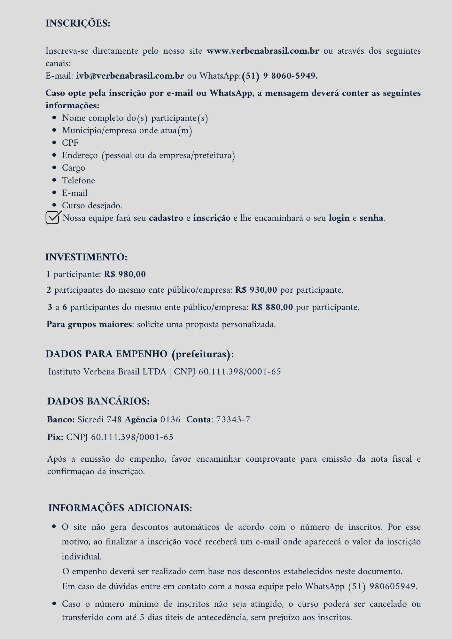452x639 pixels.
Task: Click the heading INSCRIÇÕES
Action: click(78, 24)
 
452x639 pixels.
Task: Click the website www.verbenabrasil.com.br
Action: click(262, 51)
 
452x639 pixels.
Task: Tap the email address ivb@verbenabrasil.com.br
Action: click(130, 76)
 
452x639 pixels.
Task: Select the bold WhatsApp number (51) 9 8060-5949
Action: click(280, 76)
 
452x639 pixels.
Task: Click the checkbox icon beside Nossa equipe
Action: click(53, 218)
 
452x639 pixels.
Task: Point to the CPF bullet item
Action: click(70, 143)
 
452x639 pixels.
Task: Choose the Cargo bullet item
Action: click(74, 168)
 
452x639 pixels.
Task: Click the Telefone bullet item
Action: click(78, 181)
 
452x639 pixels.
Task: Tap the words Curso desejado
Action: click(92, 205)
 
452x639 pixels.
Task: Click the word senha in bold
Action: click(371, 218)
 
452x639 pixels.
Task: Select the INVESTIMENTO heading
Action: click(86, 257)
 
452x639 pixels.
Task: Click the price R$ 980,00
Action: click(125, 274)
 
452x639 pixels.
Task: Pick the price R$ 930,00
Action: click(256, 290)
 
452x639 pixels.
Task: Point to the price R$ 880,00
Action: click(272, 307)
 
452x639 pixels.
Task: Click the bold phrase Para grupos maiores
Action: click(89, 325)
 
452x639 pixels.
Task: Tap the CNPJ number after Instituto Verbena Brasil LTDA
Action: click(239, 372)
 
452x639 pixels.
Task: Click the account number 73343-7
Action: click(233, 420)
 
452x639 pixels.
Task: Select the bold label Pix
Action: click(55, 437)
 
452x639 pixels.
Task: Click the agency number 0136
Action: click(170, 420)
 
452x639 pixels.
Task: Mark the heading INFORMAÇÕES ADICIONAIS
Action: click(120, 508)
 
